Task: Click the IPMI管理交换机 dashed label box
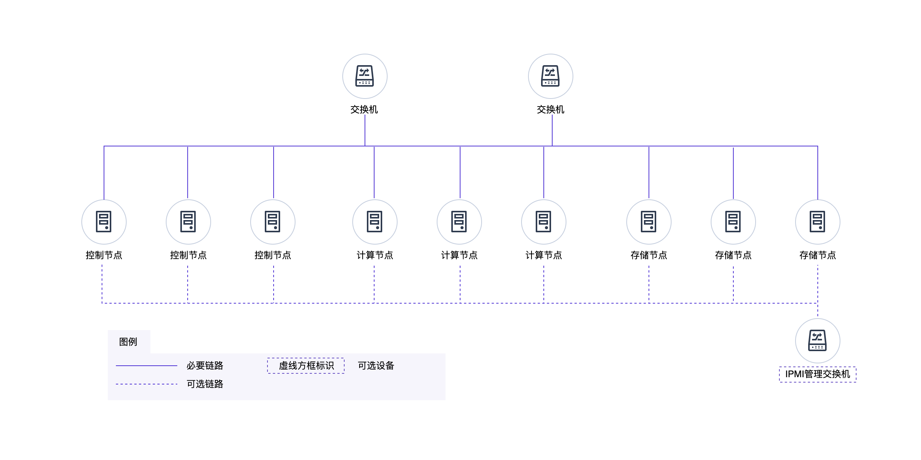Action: click(x=817, y=374)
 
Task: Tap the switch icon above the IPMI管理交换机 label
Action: click(x=817, y=340)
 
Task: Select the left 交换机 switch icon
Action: click(x=365, y=76)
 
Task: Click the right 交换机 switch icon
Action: click(x=550, y=76)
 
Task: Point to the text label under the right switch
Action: click(x=550, y=110)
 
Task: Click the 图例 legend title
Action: click(x=128, y=342)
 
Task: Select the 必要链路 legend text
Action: click(x=205, y=366)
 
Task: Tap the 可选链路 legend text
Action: click(x=205, y=384)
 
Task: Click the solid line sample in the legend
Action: click(x=147, y=366)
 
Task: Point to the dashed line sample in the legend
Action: click(x=147, y=384)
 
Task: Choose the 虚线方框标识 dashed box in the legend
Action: click(x=306, y=366)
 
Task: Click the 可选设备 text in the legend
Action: click(x=376, y=366)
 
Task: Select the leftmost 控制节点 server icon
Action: click(x=104, y=222)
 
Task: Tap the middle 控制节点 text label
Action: click(x=188, y=255)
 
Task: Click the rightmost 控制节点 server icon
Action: click(x=272, y=222)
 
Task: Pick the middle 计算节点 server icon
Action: click(x=459, y=222)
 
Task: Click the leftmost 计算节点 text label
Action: click(x=375, y=255)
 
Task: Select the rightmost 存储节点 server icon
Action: click(x=817, y=222)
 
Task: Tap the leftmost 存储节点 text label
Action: click(x=649, y=255)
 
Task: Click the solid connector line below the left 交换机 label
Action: click(x=365, y=130)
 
